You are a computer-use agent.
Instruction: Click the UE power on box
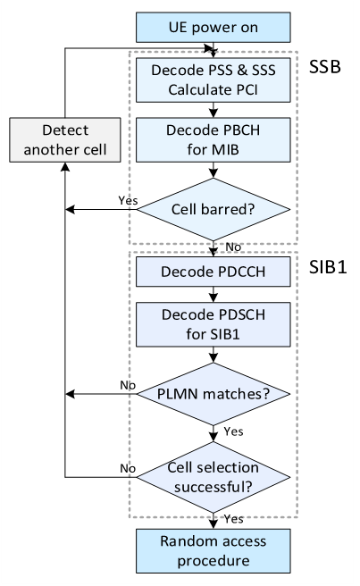213,28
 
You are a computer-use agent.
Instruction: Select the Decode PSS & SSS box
213,80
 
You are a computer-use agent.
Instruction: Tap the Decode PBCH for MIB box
213,139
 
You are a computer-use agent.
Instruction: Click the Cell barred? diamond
213,209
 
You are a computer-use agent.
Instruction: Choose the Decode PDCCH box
213,272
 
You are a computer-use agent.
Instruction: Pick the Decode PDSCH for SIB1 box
213,324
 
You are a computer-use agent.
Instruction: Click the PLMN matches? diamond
213,394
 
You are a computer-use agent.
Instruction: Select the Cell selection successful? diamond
213,477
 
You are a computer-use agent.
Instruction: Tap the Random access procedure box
213,551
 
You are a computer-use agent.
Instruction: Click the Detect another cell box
65,139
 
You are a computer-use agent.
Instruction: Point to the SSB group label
325,67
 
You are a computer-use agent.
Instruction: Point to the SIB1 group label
328,267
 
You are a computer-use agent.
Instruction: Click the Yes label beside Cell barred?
128,200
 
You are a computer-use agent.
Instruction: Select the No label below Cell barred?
233,247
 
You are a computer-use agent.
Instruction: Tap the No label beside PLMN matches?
128,385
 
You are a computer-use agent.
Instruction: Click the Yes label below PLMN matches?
234,431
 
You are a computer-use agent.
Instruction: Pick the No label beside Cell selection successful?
128,468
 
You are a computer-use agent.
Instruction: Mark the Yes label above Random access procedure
234,519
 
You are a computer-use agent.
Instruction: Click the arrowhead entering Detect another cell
65,167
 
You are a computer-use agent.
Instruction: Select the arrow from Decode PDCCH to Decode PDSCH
213,295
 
